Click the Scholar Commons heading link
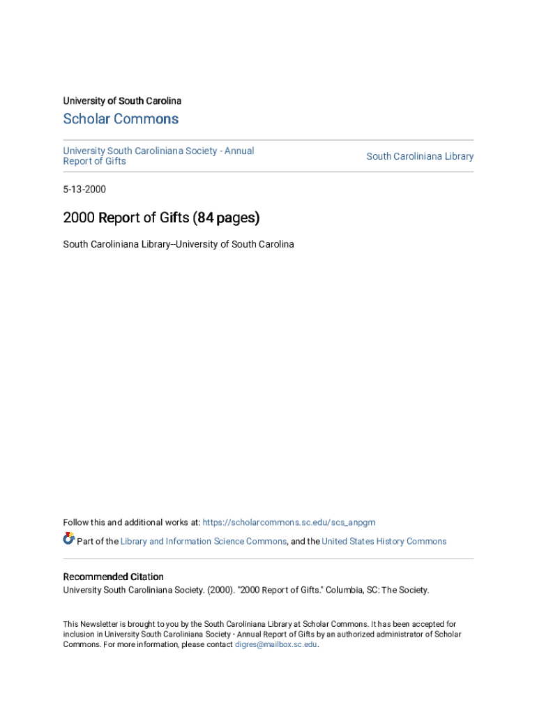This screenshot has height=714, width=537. [x=121, y=119]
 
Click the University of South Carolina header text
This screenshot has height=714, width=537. [x=122, y=101]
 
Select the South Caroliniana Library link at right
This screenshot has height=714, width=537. [x=420, y=156]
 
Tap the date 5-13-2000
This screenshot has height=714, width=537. [x=84, y=189]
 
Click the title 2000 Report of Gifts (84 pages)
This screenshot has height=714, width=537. [x=161, y=218]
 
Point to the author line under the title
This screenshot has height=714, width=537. [x=179, y=244]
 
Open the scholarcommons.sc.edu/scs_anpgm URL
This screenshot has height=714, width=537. [x=289, y=522]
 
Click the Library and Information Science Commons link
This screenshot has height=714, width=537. [x=203, y=541]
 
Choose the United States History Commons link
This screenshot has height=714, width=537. [x=384, y=541]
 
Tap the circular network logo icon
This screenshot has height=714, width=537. [x=69, y=538]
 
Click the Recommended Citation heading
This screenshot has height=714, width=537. [x=114, y=577]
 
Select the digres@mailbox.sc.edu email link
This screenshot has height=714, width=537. [x=276, y=644]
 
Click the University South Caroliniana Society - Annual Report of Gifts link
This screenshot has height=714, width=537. [x=158, y=155]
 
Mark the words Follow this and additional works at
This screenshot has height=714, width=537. [x=131, y=522]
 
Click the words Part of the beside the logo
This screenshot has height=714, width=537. [x=98, y=541]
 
